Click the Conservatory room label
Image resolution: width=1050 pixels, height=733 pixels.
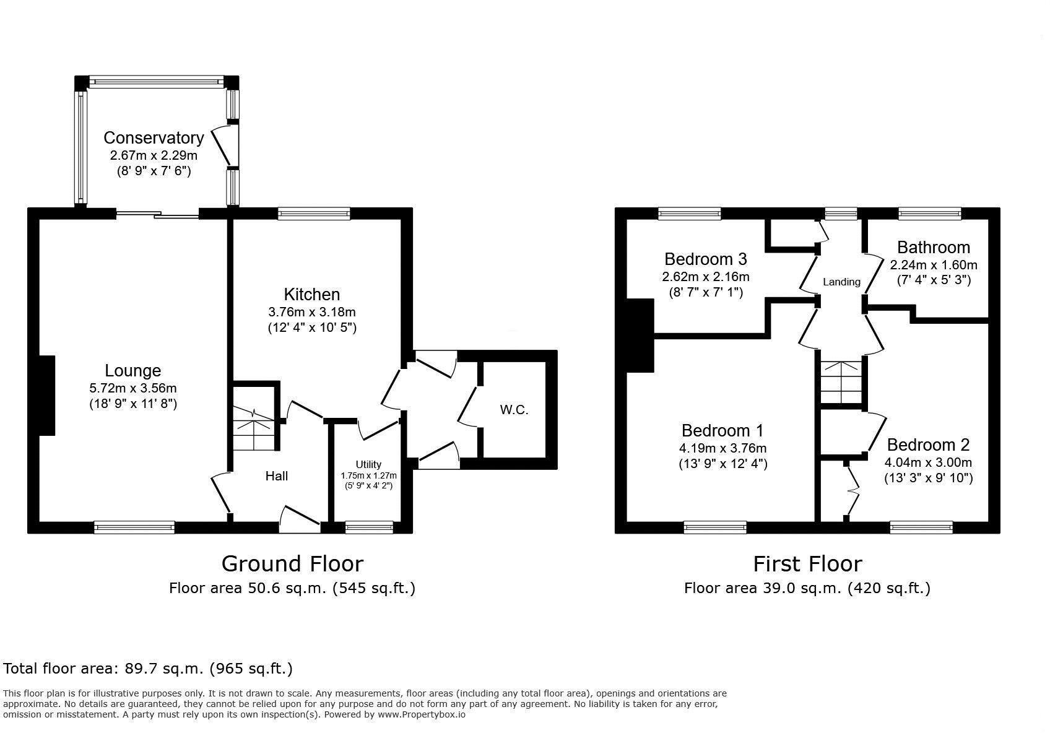pyautogui.click(x=154, y=138)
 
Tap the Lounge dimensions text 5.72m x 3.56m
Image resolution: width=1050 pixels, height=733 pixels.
pyautogui.click(x=133, y=388)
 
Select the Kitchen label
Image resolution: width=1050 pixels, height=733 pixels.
pyautogui.click(x=312, y=294)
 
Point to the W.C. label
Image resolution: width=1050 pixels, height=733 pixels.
pyautogui.click(x=514, y=410)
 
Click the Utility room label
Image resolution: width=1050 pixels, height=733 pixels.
pyautogui.click(x=368, y=464)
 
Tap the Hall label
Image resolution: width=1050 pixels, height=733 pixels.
pyautogui.click(x=277, y=476)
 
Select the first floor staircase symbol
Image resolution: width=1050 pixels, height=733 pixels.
pyautogui.click(x=841, y=383)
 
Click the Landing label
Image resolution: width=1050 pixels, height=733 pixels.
pyautogui.click(x=842, y=282)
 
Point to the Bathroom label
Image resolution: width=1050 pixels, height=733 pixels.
pyautogui.click(x=934, y=248)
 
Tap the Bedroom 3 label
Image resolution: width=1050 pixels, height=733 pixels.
pyautogui.click(x=706, y=259)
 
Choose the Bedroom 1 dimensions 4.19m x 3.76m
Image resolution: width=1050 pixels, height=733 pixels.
pyautogui.click(x=723, y=448)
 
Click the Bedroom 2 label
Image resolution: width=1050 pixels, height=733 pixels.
pyautogui.click(x=928, y=445)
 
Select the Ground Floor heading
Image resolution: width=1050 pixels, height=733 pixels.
pyautogui.click(x=292, y=564)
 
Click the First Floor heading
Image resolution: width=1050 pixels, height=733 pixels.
pyautogui.click(x=808, y=564)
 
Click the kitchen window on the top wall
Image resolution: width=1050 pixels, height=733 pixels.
pyautogui.click(x=314, y=214)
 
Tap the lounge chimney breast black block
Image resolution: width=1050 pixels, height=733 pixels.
pyautogui.click(x=47, y=396)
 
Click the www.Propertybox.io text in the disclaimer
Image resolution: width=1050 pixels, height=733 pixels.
pyautogui.click(x=422, y=714)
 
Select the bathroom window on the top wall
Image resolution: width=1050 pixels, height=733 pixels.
pyautogui.click(x=929, y=214)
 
